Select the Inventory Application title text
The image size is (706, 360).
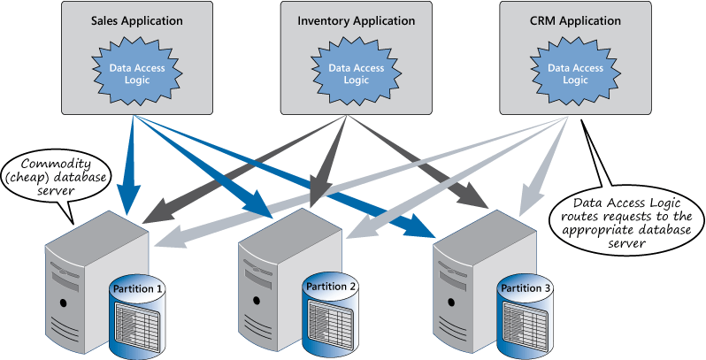pyautogui.click(x=355, y=20)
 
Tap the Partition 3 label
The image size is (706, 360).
pyautogui.click(x=526, y=288)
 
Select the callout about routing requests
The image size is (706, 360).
pyautogui.click(x=625, y=212)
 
